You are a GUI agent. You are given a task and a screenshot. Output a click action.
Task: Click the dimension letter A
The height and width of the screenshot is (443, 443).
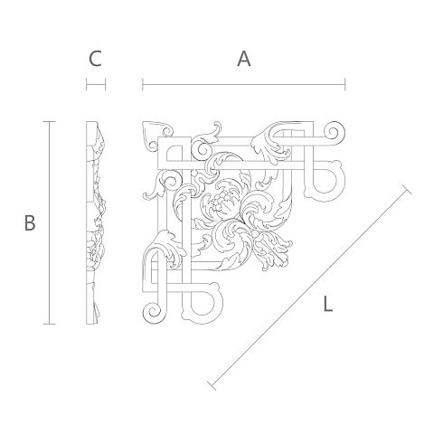[244, 59]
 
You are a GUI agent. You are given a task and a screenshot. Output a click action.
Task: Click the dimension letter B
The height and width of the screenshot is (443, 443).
[30, 223]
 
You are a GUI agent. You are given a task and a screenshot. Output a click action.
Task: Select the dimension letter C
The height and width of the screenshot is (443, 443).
[95, 59]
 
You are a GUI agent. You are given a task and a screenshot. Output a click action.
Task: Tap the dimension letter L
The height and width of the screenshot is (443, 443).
[327, 304]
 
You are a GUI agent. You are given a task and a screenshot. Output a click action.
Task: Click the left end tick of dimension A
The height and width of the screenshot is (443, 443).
[143, 84]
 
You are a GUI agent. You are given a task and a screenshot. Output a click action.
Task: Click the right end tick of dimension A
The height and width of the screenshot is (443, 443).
[345, 84]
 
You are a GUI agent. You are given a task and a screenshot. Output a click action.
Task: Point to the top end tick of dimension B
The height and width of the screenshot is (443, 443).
[50, 122]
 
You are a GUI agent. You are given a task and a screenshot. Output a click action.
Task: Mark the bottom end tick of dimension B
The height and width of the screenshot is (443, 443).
[50, 324]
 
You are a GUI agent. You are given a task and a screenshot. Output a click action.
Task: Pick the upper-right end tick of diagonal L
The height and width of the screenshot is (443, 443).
[407, 188]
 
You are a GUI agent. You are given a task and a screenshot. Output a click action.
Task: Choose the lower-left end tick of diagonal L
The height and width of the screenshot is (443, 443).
[212, 385]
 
